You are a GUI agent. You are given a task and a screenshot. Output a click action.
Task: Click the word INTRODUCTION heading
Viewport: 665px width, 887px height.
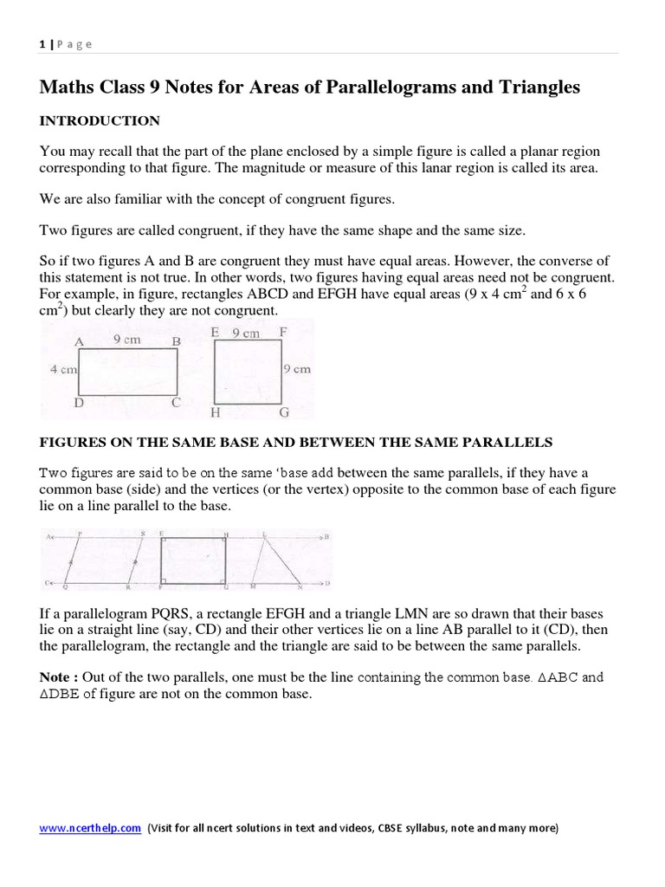[x=100, y=121]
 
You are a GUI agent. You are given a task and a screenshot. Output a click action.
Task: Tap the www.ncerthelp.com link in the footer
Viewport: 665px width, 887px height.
[x=90, y=828]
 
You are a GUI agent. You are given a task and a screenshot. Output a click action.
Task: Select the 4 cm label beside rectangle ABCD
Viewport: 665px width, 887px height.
[x=63, y=370]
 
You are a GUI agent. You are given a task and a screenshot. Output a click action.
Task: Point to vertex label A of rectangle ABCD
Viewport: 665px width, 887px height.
[x=79, y=342]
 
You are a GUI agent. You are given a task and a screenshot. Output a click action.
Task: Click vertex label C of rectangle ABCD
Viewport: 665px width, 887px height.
[x=176, y=402]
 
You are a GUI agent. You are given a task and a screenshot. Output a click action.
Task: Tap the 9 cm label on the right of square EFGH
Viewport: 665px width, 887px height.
[x=297, y=369]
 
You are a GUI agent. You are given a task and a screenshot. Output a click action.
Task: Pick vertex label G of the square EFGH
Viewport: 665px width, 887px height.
[x=283, y=412]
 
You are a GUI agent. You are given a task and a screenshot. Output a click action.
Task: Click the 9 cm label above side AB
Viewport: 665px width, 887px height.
[x=128, y=340]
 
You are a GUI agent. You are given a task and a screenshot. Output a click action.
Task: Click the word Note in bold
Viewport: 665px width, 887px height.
[x=57, y=677]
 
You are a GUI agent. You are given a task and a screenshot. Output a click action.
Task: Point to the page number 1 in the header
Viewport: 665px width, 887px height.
[x=42, y=45]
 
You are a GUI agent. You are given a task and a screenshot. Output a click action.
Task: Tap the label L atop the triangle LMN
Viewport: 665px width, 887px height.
[x=264, y=535]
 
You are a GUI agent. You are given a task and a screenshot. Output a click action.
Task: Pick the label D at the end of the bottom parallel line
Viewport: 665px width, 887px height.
[x=326, y=584]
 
